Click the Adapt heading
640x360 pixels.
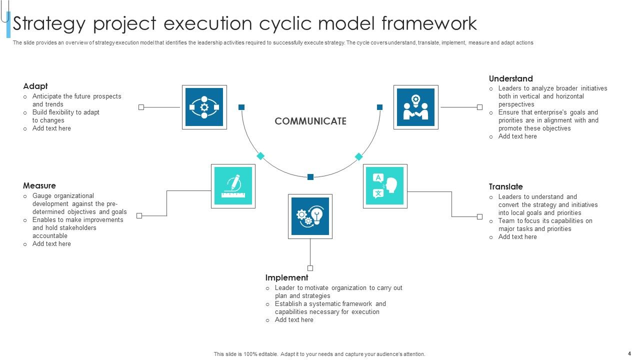[x=35, y=86]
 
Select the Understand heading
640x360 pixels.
[x=510, y=78]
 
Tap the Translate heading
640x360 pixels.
[x=505, y=186]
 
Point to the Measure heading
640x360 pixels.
[x=39, y=185]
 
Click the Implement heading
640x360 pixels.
[x=286, y=277]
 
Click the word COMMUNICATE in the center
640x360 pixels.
[x=310, y=121]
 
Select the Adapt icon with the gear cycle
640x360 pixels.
[x=204, y=107]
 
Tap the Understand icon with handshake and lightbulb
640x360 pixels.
[x=415, y=107]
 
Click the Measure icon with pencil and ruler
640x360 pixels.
[x=233, y=186]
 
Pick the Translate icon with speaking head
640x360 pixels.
[x=384, y=186]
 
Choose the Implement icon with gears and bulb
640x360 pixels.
[x=310, y=216]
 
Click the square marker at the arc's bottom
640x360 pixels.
[x=310, y=177]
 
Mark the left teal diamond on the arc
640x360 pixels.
[x=260, y=156]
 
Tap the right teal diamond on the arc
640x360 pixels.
[x=358, y=156]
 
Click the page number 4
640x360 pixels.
[x=629, y=353]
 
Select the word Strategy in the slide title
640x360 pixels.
[x=49, y=23]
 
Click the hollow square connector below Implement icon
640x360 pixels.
[x=310, y=268]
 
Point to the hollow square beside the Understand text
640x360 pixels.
[x=479, y=107]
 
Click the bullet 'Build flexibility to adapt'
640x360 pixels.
[x=66, y=112]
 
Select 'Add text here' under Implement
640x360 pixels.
[x=294, y=320]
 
